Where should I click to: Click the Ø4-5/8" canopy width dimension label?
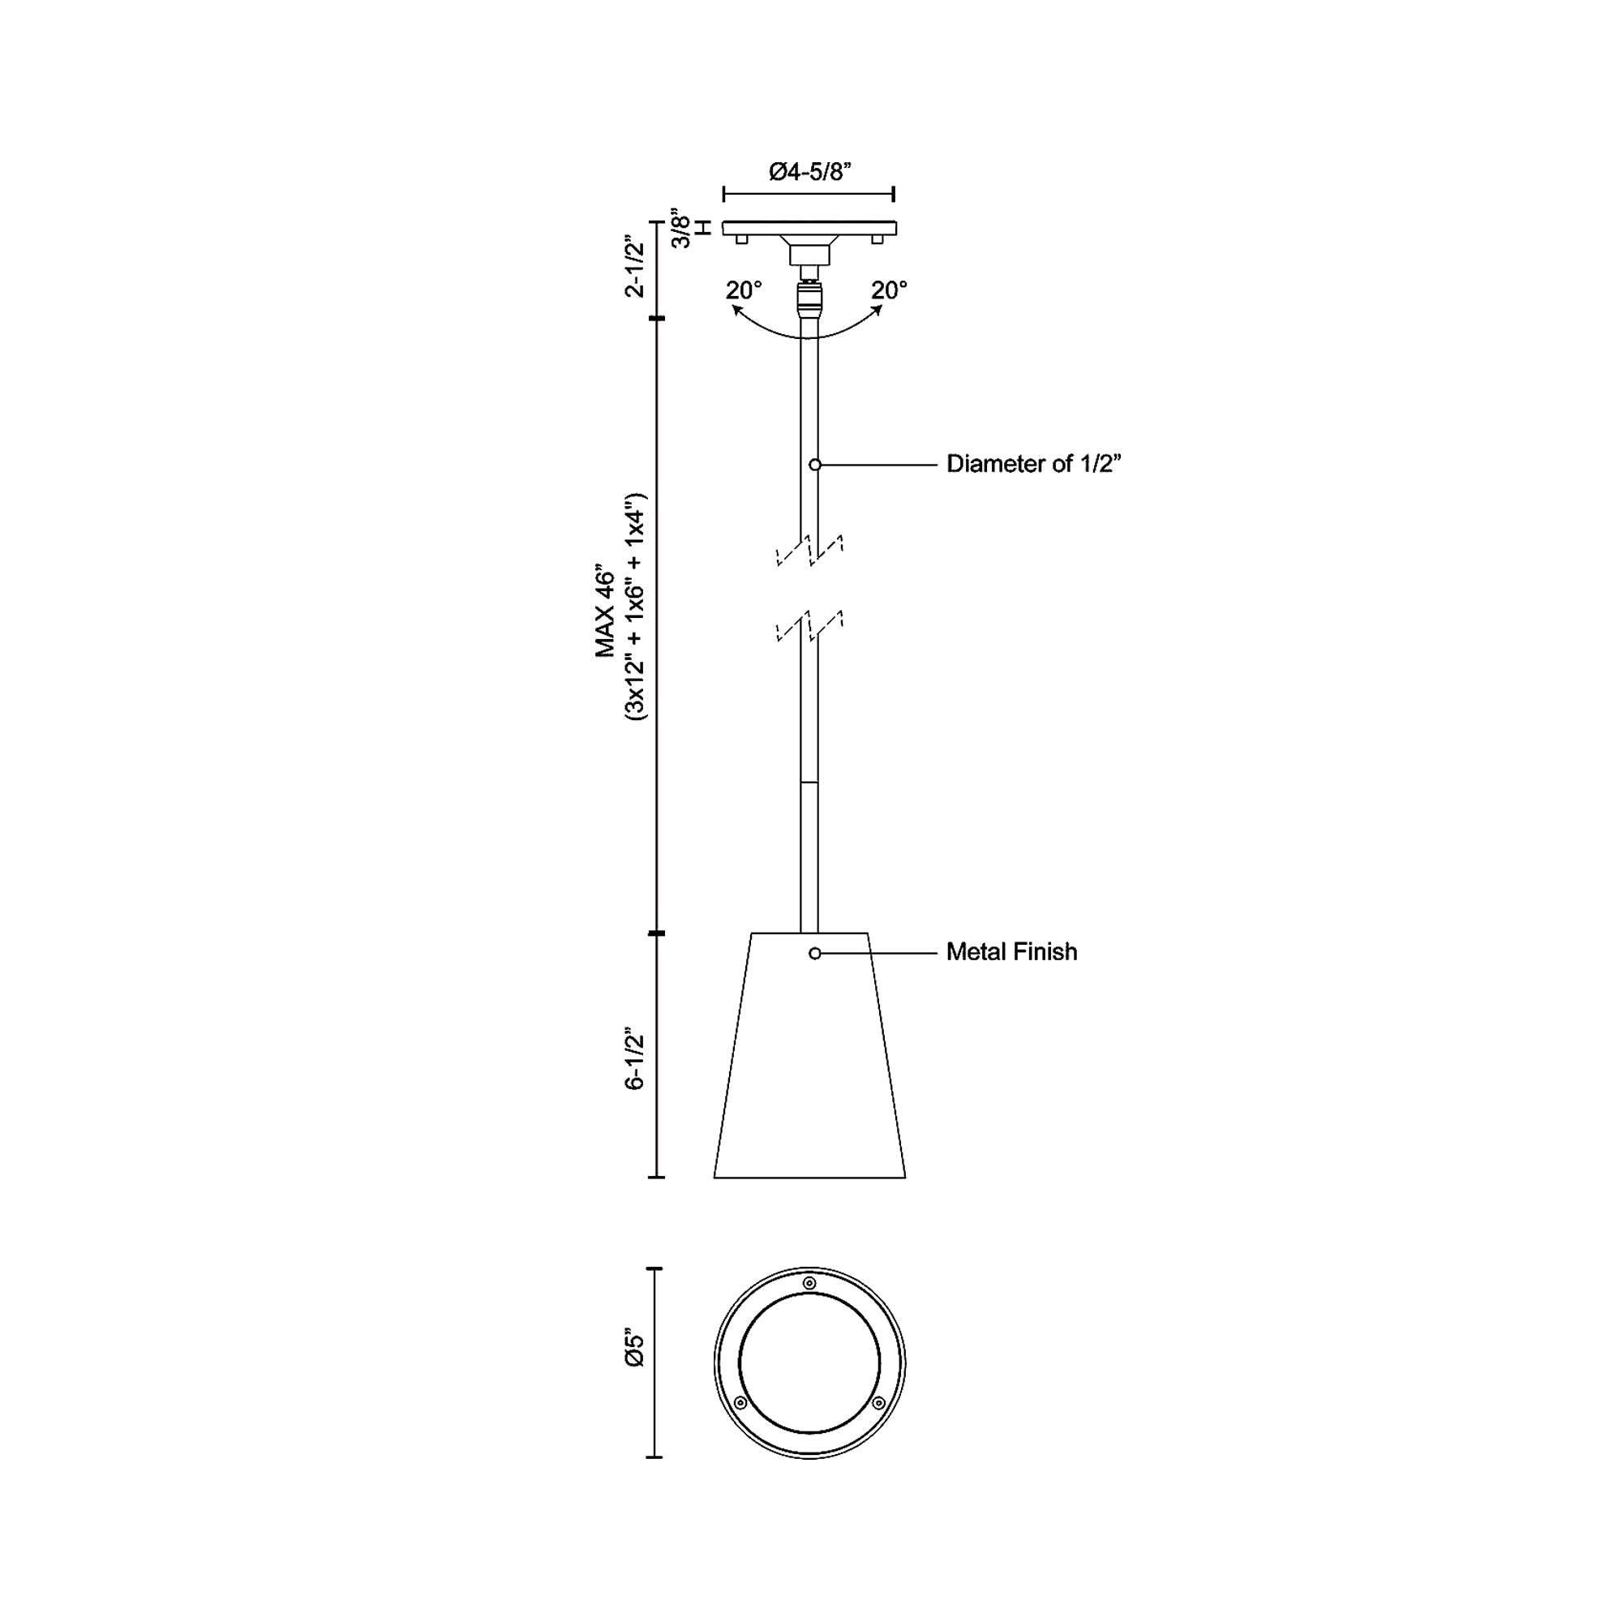[x=810, y=172]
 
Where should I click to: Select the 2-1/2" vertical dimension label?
[x=636, y=267]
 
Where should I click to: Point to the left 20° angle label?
[x=744, y=290]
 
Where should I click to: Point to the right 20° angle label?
[x=889, y=290]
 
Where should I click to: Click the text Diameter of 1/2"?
[x=1033, y=464]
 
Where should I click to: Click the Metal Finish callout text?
[x=1011, y=952]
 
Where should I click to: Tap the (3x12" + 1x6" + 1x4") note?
[x=636, y=606]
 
